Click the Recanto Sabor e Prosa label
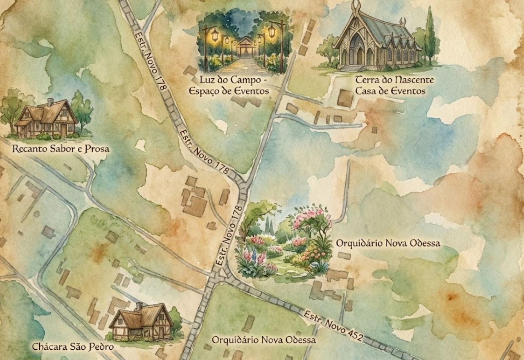(x=61, y=149)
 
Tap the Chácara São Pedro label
(x=73, y=347)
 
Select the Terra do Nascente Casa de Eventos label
(x=394, y=86)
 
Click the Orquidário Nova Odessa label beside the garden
(x=388, y=243)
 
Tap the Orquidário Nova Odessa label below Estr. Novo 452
(x=264, y=340)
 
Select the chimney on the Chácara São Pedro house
(x=139, y=306)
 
